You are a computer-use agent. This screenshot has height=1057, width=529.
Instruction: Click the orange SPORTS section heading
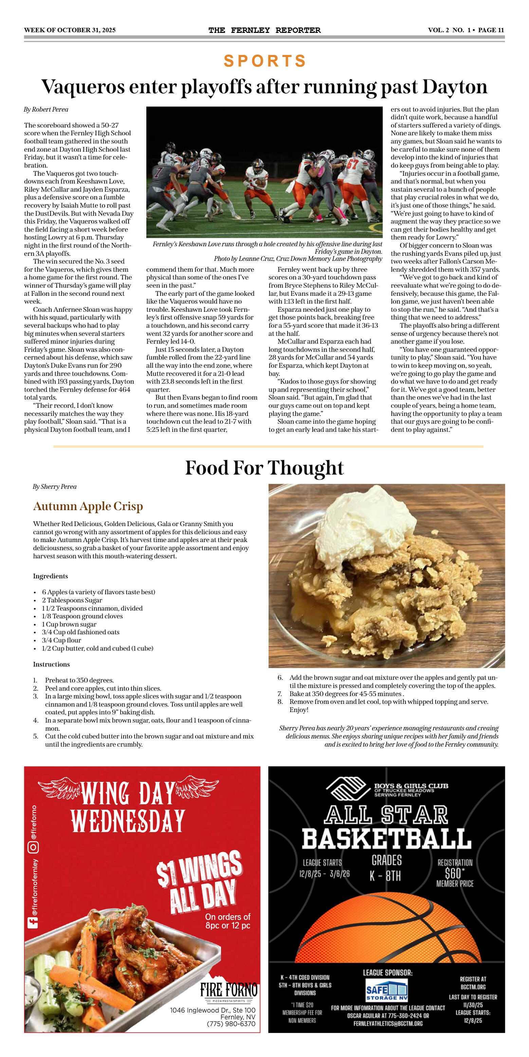(x=264, y=61)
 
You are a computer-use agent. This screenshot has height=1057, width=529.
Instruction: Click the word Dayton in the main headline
(x=455, y=87)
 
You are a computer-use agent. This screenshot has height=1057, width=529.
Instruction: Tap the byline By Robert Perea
(x=46, y=110)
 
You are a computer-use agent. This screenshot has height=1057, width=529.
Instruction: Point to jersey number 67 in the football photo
(x=352, y=164)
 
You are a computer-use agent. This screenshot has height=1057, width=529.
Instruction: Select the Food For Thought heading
(x=264, y=468)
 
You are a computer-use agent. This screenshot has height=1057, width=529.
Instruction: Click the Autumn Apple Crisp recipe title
(x=88, y=506)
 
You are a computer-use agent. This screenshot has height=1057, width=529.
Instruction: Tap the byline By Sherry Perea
(x=55, y=487)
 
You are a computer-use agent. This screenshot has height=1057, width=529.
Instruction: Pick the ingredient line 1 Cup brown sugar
(x=69, y=624)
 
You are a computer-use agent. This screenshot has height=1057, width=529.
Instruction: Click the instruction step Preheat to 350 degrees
(x=79, y=680)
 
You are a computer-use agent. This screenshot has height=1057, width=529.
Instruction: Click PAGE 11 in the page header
(x=491, y=30)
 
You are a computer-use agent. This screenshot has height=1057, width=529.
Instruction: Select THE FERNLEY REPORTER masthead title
(x=264, y=30)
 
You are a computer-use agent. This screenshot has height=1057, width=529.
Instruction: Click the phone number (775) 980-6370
(x=231, y=1024)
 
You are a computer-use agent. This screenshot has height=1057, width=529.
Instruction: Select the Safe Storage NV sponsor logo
(x=386, y=990)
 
